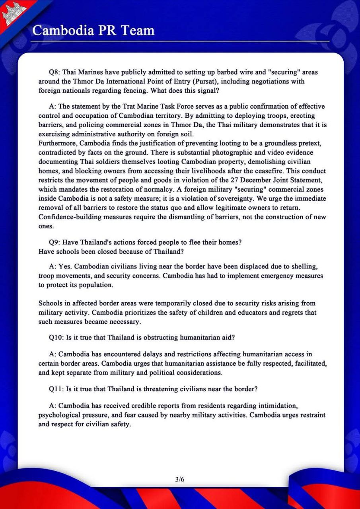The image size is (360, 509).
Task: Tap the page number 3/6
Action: [180, 479]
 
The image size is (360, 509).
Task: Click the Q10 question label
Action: [56, 338]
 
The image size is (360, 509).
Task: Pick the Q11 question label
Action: [56, 389]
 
